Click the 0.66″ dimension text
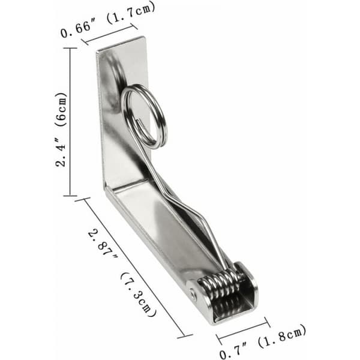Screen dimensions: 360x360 [76, 29]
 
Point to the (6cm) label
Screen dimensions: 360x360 [61, 109]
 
